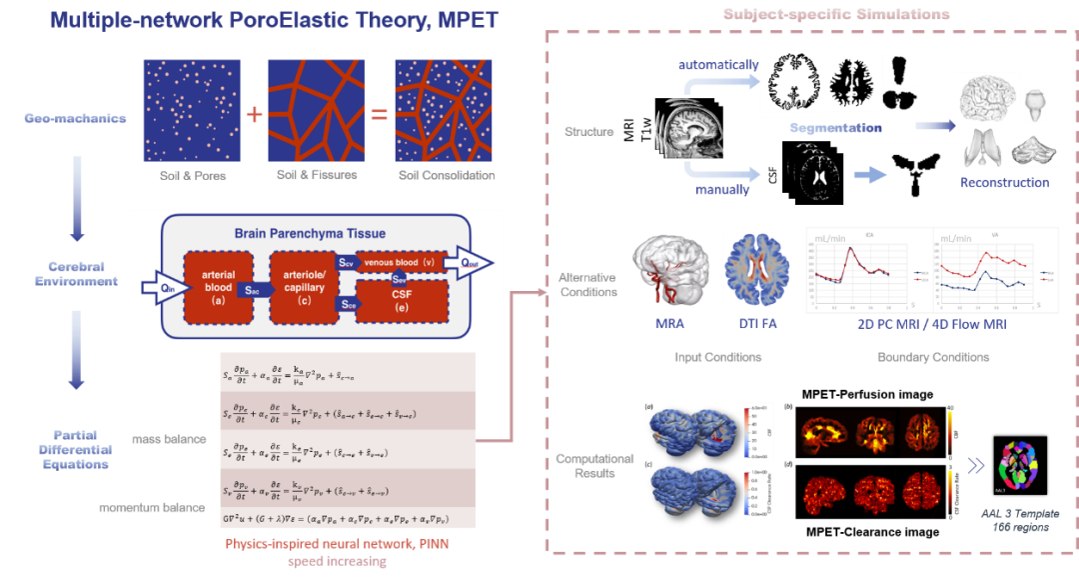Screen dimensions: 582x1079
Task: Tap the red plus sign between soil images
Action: tap(254, 114)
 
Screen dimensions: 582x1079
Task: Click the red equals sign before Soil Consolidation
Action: tap(380, 114)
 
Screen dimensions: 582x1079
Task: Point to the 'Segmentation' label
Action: tap(834, 128)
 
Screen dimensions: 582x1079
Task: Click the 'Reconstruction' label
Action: tap(1004, 183)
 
